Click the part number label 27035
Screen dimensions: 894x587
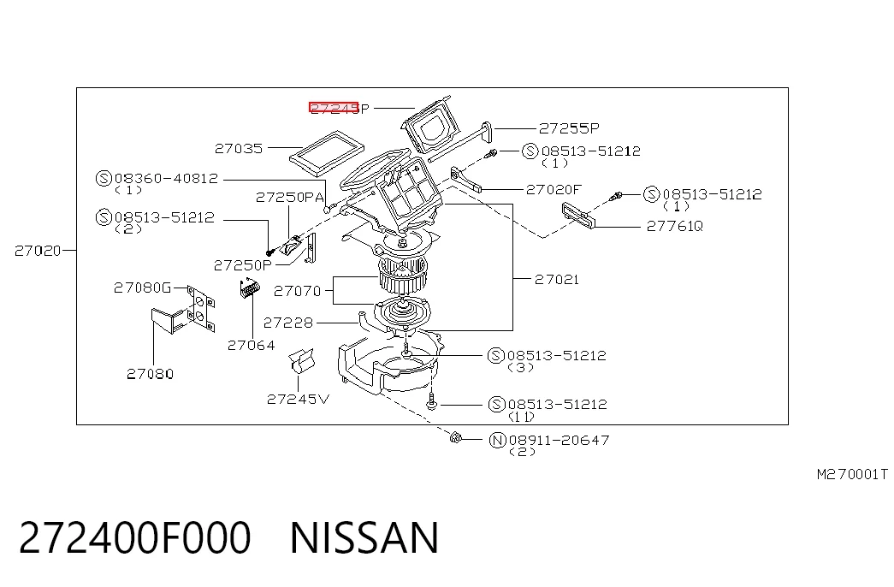[239, 148]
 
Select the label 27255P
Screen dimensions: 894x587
[569, 128]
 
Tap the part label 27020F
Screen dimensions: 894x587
[554, 189]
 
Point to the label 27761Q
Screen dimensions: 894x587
[674, 227]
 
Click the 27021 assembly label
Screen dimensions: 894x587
[556, 280]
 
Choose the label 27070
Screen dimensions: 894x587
[298, 292]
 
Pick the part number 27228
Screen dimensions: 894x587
[288, 323]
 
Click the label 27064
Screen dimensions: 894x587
[251, 345]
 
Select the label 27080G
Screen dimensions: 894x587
[143, 288]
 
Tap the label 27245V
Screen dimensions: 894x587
[299, 400]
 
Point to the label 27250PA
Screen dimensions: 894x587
[290, 198]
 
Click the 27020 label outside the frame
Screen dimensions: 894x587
[38, 251]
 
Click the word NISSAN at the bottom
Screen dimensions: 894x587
[365, 537]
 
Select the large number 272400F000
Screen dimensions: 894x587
[135, 537]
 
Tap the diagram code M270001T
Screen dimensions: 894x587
[852, 474]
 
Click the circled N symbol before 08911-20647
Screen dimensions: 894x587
[498, 441]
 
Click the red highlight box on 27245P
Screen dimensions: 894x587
[334, 108]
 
